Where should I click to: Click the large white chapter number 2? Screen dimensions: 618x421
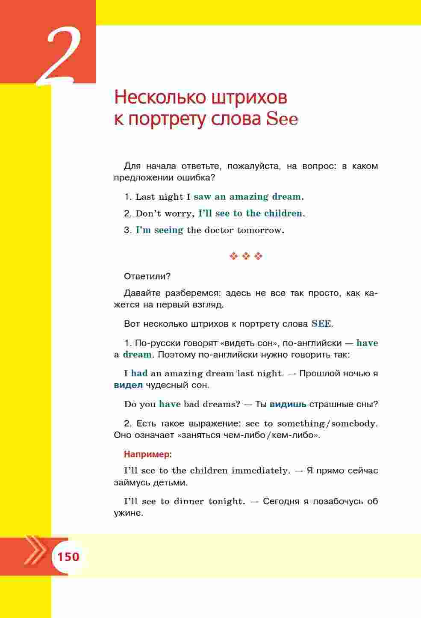60,58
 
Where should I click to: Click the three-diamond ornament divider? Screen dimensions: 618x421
246,256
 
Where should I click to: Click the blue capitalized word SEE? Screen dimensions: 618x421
321,323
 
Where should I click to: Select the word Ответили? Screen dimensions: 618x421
147,276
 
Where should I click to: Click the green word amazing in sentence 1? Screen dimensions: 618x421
249,197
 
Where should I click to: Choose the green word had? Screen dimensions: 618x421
139,373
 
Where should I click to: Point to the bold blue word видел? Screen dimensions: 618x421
128,385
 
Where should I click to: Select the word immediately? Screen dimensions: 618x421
260,470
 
